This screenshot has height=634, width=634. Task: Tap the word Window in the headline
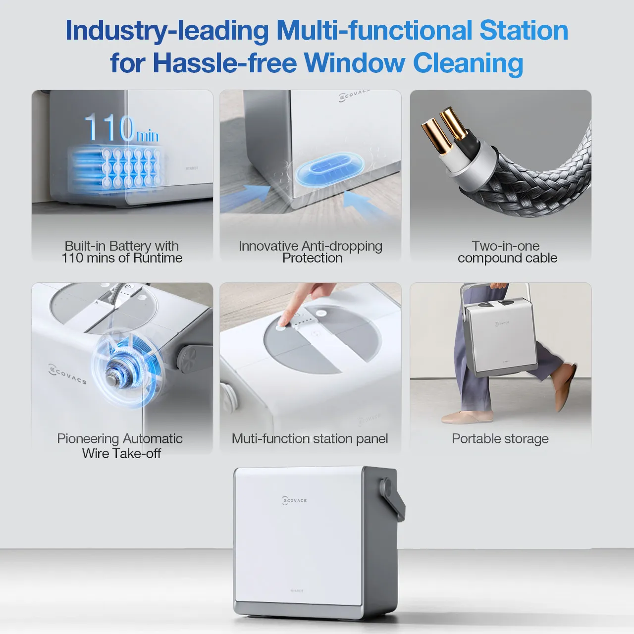[354, 63]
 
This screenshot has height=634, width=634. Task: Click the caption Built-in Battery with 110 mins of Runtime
[122, 252]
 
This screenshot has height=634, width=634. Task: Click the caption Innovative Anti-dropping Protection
[311, 252]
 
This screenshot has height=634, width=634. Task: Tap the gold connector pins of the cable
[444, 129]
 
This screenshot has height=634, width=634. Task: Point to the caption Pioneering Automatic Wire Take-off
[120, 446]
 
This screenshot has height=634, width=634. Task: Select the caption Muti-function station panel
[310, 439]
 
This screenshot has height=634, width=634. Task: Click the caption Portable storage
[500, 439]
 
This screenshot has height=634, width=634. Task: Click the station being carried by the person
[500, 337]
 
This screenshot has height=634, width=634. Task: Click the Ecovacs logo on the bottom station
[295, 500]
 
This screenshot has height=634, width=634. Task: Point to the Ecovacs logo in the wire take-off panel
[68, 374]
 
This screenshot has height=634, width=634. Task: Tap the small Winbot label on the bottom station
[296, 590]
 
